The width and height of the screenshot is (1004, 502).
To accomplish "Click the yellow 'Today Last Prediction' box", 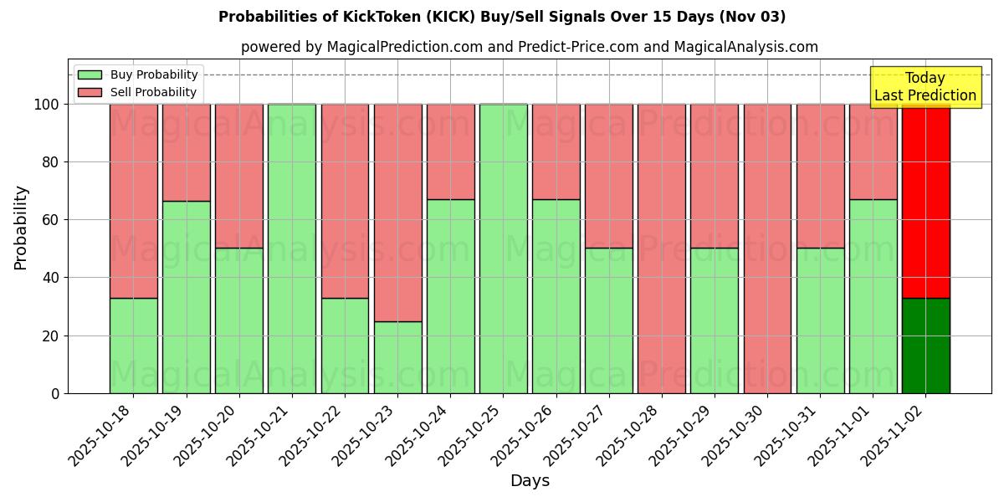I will tap(925, 87).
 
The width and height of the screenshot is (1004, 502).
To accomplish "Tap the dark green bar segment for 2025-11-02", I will tap(926, 346).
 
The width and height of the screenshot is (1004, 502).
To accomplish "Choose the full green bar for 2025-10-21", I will tap(292, 248).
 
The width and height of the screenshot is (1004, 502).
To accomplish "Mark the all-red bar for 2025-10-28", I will tap(662, 248).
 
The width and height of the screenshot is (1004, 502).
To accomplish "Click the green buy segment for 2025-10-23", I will tap(397, 357).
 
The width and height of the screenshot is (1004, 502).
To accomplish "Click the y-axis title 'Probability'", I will tap(21, 228).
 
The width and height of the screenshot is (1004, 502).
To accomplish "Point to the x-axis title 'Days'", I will tap(530, 481).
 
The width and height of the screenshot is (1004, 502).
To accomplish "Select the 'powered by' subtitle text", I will tap(529, 47).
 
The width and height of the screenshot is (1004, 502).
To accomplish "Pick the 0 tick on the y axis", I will tap(55, 393).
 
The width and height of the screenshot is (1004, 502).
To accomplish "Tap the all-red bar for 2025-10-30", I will tap(767, 248).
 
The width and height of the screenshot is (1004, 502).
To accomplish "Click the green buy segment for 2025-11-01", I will tap(873, 296).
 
